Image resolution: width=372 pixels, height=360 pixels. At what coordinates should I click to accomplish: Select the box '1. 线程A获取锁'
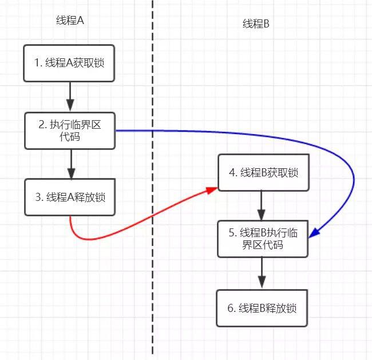click(70, 63)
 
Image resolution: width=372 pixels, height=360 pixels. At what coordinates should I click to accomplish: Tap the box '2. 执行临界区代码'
click(70, 130)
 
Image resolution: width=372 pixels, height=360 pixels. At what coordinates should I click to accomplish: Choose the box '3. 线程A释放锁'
click(70, 197)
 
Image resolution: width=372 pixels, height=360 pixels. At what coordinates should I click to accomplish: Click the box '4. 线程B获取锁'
click(262, 172)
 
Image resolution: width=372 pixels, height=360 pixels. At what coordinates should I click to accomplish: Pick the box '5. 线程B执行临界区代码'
click(262, 239)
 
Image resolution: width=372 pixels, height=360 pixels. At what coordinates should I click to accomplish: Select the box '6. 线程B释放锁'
click(262, 308)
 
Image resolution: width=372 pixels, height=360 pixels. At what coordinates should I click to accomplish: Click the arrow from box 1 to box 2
click(70, 97)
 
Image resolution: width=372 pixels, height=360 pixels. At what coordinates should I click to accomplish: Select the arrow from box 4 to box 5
click(262, 205)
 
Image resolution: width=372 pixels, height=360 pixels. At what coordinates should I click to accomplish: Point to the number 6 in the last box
click(230, 308)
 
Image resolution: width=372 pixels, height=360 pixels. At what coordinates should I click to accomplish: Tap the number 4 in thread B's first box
click(230, 172)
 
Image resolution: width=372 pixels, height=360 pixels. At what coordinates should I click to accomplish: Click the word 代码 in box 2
click(70, 137)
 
